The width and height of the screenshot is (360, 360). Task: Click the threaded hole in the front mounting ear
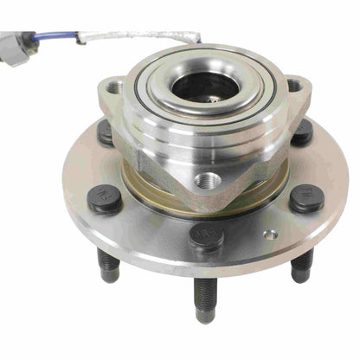(209, 181)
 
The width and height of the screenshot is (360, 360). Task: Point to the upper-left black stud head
(105, 132)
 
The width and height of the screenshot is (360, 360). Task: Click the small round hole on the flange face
(270, 234)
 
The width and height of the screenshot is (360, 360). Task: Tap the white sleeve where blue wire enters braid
(83, 37)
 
